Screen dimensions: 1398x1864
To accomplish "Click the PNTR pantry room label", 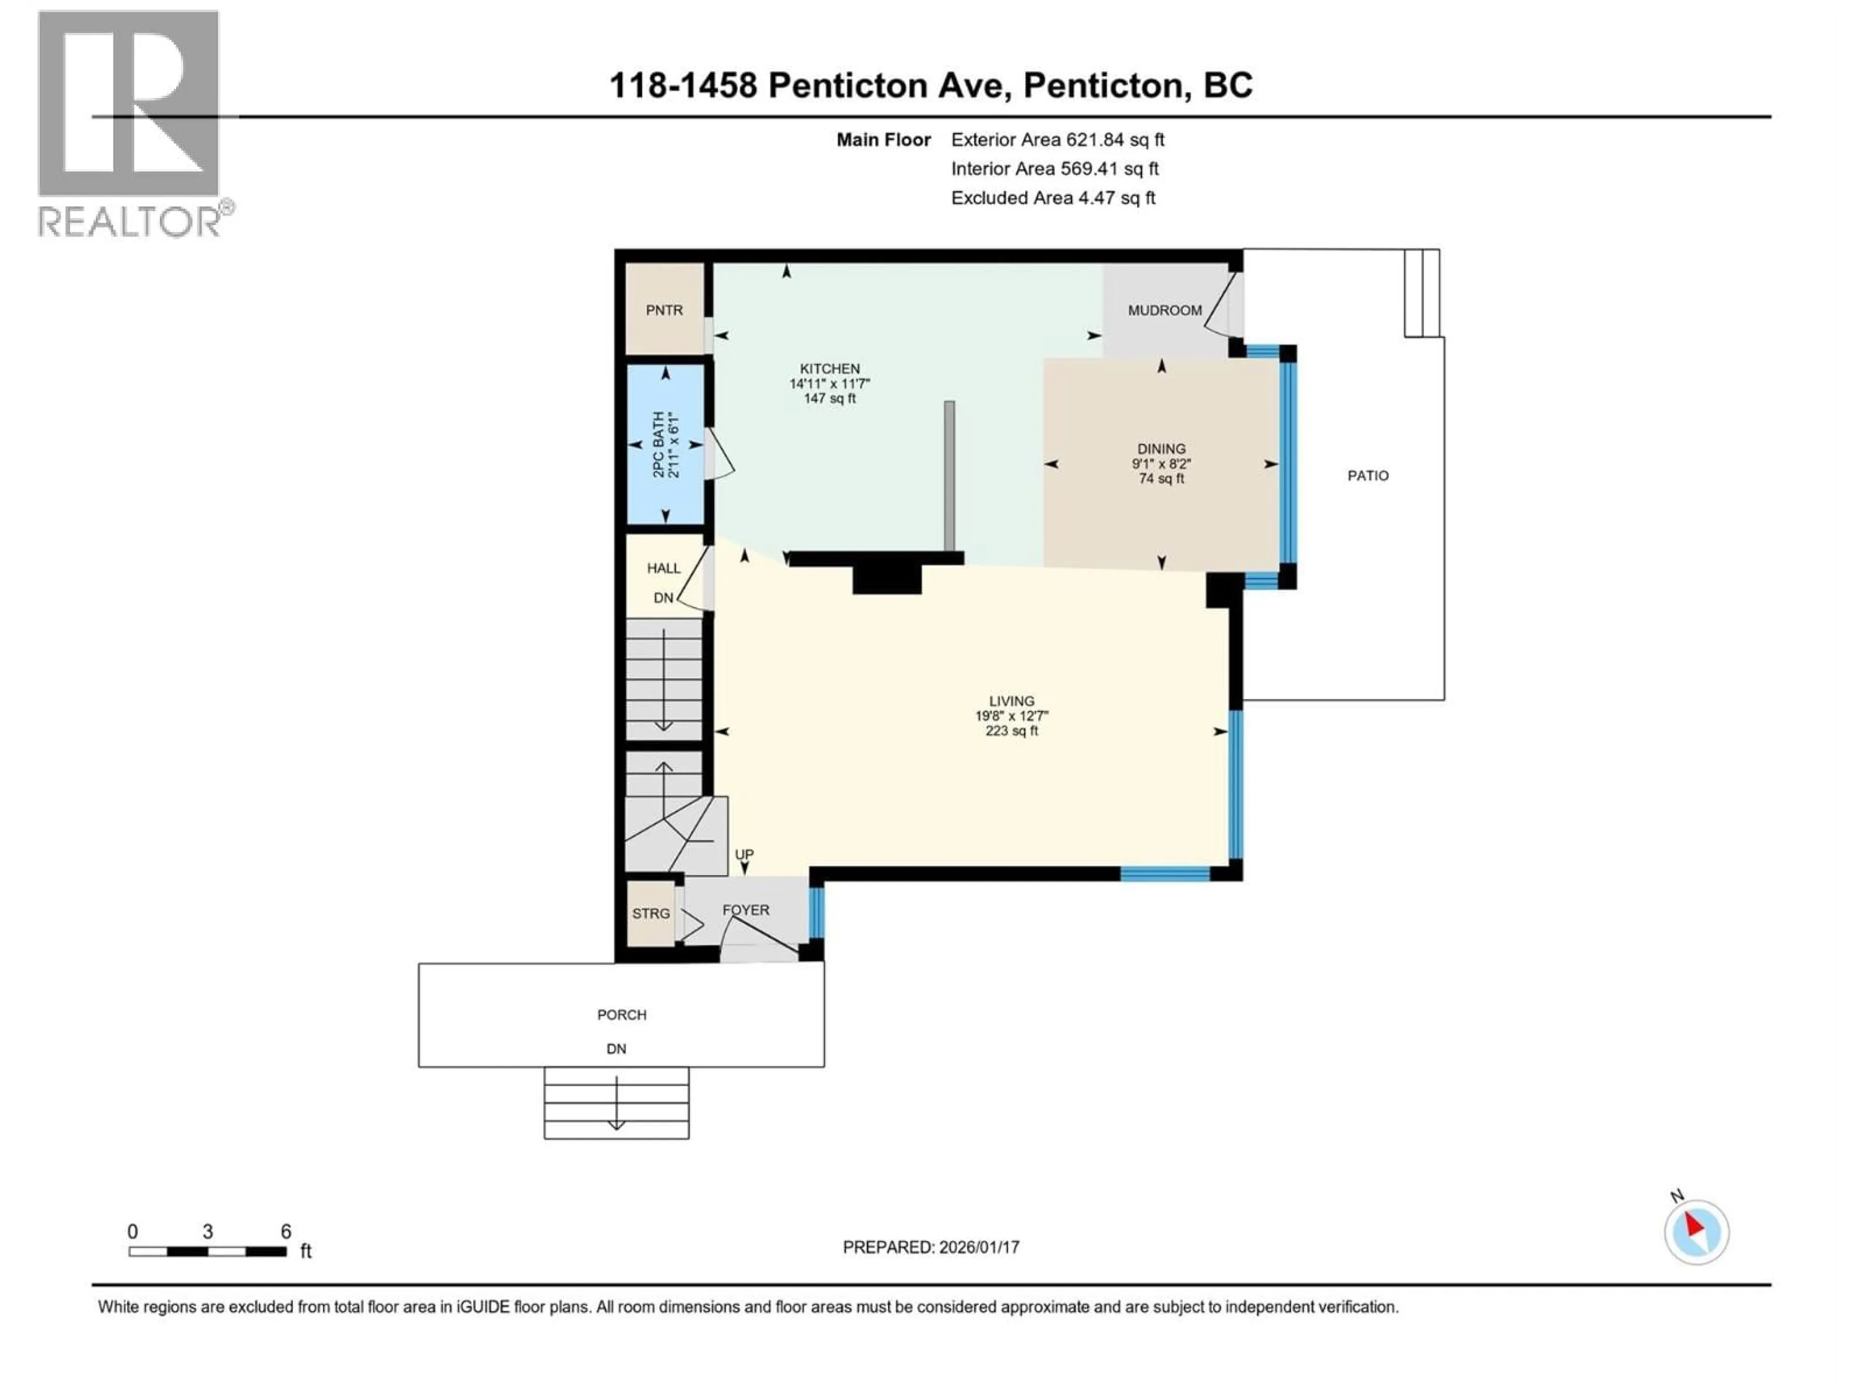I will pyautogui.click(x=664, y=310).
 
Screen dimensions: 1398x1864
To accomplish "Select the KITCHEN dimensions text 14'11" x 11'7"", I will pyautogui.click(x=829, y=383).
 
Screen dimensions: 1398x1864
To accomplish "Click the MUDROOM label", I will pyautogui.click(x=1165, y=310).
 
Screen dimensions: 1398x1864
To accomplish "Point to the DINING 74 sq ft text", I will pyautogui.click(x=1161, y=479).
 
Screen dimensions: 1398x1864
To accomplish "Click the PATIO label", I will pyautogui.click(x=1367, y=476).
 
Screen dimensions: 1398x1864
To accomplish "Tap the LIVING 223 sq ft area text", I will pyautogui.click(x=1011, y=732).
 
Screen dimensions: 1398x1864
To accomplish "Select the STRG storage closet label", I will pyautogui.click(x=650, y=914).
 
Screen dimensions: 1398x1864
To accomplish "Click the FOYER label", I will pyautogui.click(x=746, y=910).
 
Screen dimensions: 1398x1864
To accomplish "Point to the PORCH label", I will pyautogui.click(x=622, y=1015).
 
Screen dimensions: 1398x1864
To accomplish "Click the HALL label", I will pyautogui.click(x=663, y=568).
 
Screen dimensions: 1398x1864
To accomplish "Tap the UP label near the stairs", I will pyautogui.click(x=743, y=854).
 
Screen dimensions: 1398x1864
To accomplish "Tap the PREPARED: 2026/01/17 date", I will pyautogui.click(x=931, y=1247).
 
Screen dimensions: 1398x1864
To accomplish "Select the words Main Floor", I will pyautogui.click(x=883, y=140).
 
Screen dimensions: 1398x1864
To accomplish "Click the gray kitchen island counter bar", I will pyautogui.click(x=949, y=476).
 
